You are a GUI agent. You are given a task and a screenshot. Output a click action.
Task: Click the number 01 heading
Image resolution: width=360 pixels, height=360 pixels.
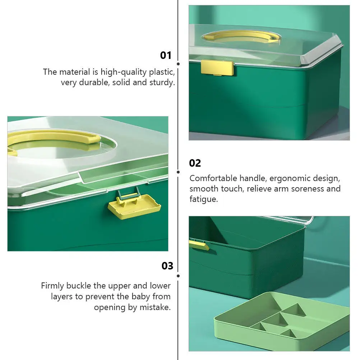pos(166,55)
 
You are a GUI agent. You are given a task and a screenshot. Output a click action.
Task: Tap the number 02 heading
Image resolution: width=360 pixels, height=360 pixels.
pos(195,163)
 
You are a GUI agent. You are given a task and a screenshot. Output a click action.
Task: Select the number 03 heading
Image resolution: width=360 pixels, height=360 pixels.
pos(167,266)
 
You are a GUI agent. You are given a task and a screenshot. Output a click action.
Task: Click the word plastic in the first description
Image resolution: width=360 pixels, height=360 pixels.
pos(162,72)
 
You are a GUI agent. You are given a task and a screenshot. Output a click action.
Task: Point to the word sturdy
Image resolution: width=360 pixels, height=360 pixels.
pos(162,83)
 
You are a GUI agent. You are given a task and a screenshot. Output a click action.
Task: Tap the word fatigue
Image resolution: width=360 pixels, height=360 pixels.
pos(204,199)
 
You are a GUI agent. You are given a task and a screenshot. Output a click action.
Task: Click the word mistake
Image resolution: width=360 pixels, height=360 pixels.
pos(155,307)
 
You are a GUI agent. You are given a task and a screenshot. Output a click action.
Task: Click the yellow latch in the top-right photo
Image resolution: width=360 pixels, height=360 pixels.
pos(217,68)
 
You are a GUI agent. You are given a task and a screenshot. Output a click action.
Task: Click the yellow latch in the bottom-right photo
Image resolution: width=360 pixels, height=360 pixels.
pos(199,245)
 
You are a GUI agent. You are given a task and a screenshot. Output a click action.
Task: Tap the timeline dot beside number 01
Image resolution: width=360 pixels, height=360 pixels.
pos(179,64)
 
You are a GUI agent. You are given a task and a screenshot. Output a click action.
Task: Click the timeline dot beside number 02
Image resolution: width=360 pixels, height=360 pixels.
pos(179,172)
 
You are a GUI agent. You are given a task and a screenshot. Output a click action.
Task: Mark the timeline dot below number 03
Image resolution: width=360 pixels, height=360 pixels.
pos(179,276)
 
